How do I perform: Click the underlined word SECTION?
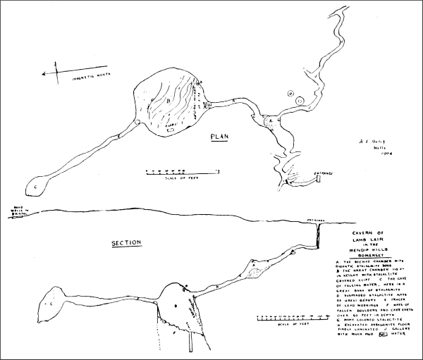(128, 243)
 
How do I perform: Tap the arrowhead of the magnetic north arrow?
(44, 72)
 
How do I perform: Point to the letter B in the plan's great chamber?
(169, 101)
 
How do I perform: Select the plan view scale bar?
(180, 171)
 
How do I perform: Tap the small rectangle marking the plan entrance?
(319, 180)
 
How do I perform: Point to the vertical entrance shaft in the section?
(318, 232)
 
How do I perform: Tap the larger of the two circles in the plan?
(300, 101)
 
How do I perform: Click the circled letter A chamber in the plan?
(268, 120)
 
